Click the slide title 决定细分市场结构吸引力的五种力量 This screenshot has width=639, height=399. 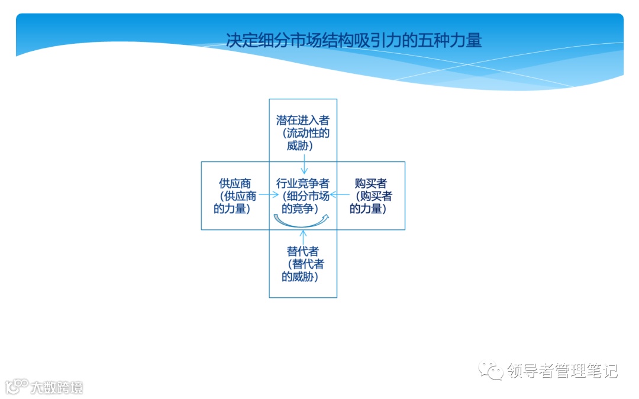pyautogui.click(x=354, y=40)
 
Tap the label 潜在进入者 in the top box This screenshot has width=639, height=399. pyautogui.click(x=303, y=121)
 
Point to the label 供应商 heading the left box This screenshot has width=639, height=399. pyautogui.click(x=235, y=183)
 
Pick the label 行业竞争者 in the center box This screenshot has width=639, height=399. pyautogui.click(x=303, y=183)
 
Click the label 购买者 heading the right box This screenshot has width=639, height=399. pyautogui.click(x=371, y=183)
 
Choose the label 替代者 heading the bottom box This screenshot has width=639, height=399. pyautogui.click(x=303, y=251)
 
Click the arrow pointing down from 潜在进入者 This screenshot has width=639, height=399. pyautogui.click(x=304, y=163)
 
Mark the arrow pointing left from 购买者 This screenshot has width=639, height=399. pyautogui.click(x=338, y=194)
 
